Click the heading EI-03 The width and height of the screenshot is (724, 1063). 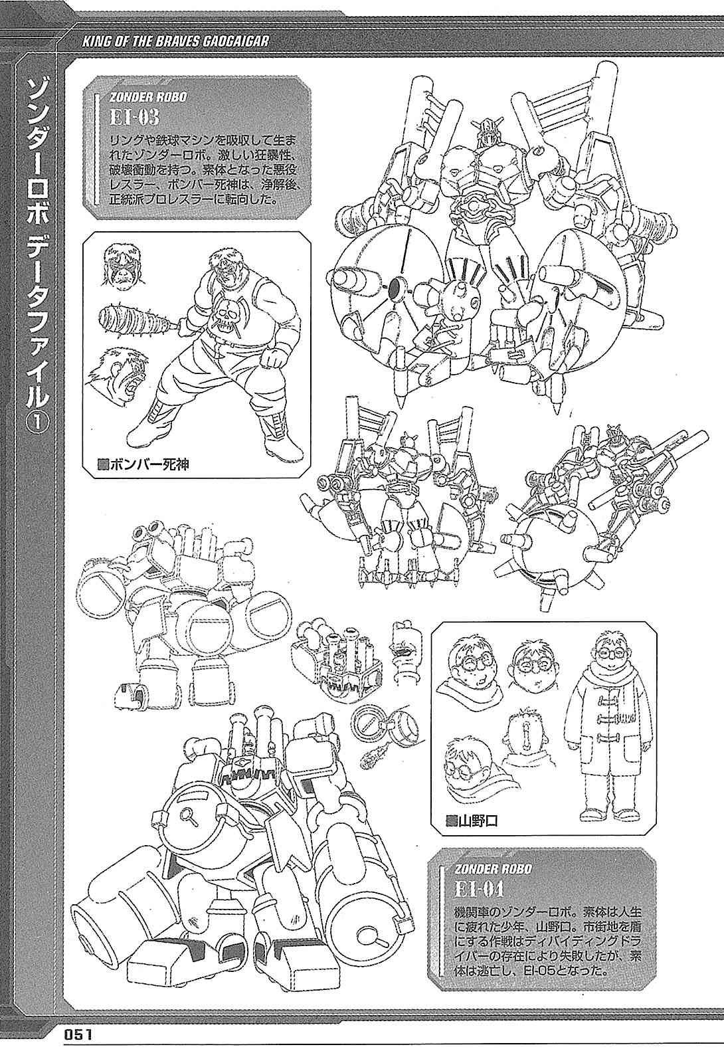(x=134, y=118)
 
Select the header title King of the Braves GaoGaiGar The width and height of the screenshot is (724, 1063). (x=175, y=41)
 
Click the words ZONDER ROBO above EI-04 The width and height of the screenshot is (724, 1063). (x=493, y=869)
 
